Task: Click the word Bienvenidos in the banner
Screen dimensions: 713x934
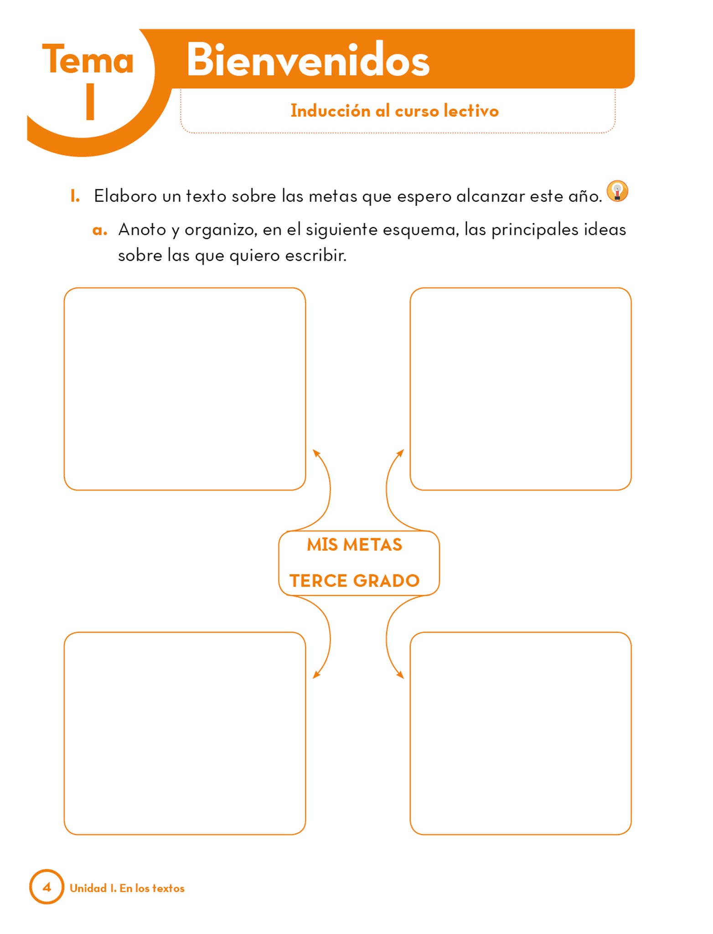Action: click(308, 59)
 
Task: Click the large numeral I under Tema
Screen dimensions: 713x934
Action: click(90, 101)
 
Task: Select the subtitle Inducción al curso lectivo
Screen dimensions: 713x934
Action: click(395, 111)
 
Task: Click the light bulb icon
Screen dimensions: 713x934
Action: click(617, 191)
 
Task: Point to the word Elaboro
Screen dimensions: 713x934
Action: click(125, 196)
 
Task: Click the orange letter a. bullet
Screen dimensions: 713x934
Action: click(100, 230)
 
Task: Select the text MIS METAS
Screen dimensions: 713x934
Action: click(355, 545)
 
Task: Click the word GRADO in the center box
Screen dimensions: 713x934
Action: click(387, 581)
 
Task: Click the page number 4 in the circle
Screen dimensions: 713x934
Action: click(46, 887)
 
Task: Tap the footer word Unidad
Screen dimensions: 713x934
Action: click(88, 888)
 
